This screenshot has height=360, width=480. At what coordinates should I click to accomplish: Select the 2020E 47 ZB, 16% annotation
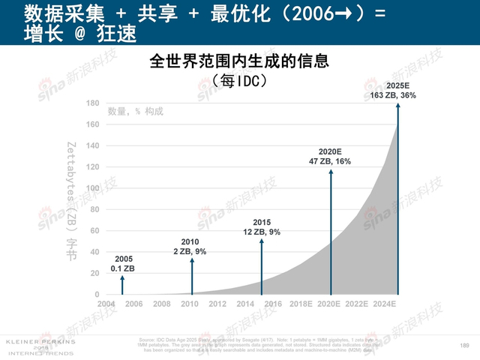[x=330, y=156]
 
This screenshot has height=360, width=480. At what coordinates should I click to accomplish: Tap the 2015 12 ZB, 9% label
[x=262, y=227]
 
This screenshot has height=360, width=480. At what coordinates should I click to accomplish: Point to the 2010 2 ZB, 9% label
[x=190, y=246]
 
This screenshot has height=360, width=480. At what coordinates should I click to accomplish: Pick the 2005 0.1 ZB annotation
[x=123, y=263]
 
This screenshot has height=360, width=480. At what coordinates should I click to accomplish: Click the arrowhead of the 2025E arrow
[x=398, y=104]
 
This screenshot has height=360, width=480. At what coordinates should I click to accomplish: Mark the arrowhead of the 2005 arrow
[x=123, y=277]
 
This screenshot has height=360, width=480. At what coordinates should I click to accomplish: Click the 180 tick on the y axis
[x=93, y=103]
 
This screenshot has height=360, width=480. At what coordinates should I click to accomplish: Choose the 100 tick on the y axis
[x=93, y=188]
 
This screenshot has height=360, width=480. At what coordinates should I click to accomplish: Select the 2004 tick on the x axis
[x=106, y=304]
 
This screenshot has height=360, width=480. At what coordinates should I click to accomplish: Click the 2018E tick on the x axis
[x=301, y=304]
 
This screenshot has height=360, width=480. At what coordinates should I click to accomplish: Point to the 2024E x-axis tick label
[x=385, y=304]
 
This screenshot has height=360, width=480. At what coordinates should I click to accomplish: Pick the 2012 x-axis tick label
[x=217, y=304]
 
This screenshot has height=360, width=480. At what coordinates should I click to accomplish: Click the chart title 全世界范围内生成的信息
[x=240, y=60]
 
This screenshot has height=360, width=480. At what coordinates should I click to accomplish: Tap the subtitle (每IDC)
[x=240, y=79]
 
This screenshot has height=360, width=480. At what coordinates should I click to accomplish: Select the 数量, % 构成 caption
[x=135, y=112]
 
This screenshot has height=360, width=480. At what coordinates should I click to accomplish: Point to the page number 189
[x=463, y=345]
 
